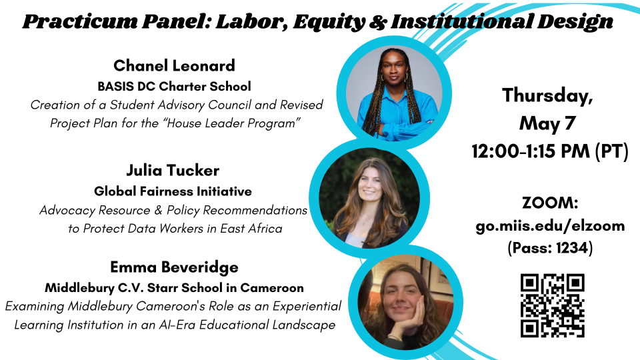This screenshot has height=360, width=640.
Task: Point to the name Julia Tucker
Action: point(173,170)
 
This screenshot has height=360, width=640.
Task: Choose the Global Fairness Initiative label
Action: point(173,191)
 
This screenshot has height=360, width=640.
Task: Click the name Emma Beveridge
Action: point(175,267)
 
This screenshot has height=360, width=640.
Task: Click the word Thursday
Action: point(547,95)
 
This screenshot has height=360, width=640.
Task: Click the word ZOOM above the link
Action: point(548,203)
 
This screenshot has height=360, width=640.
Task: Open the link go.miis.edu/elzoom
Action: point(550,225)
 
